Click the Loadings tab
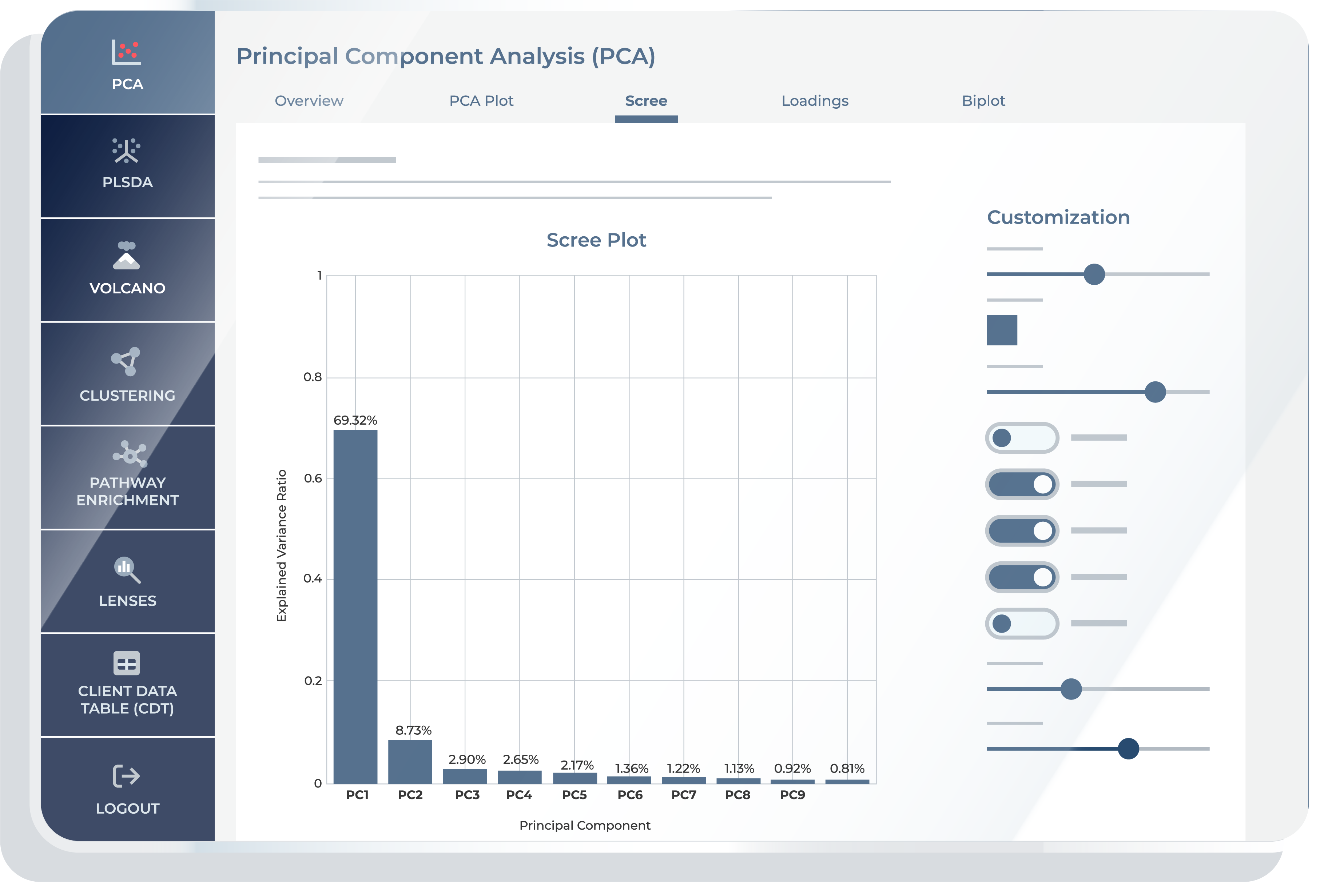pos(815,101)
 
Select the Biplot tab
pos(983,101)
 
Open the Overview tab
pos(309,101)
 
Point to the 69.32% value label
pos(355,420)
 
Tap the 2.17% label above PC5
pos(576,765)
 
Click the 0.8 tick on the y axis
pos(313,377)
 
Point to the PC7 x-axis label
pos(683,795)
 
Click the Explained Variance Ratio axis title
pos(282,546)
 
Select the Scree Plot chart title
pos(596,240)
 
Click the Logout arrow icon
pos(126,776)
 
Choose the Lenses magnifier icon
pos(127,569)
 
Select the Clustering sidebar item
pos(127,374)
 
